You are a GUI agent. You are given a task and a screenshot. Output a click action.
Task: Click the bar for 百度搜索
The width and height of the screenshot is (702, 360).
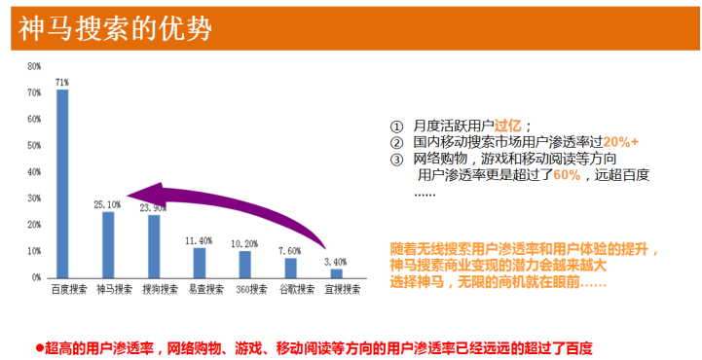[62, 184]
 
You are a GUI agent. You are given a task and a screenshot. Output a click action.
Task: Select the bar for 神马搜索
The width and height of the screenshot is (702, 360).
[108, 245]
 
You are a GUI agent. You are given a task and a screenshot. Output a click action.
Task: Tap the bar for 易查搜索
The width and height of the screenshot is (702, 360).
[200, 263]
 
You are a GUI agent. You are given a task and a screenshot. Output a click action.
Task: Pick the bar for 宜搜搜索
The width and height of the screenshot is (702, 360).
[336, 273]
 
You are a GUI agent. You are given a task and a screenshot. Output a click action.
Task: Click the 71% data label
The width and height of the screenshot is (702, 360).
[62, 83]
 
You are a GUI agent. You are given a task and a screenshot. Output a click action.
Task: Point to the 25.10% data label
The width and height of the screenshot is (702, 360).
[107, 205]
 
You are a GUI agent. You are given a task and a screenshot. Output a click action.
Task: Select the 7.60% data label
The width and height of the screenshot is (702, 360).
[289, 251]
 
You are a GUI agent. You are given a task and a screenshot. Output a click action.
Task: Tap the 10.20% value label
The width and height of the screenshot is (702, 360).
[244, 244]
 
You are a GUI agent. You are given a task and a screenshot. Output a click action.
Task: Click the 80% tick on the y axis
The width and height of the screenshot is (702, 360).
[34, 66]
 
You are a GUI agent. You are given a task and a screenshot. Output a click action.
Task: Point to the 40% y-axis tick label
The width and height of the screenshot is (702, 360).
[34, 172]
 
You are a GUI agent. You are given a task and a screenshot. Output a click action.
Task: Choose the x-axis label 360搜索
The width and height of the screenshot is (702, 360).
[251, 290]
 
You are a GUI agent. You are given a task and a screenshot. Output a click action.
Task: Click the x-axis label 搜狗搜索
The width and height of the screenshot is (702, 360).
[161, 289]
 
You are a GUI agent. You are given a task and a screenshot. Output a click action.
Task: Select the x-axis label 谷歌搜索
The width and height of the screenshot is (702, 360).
[297, 289]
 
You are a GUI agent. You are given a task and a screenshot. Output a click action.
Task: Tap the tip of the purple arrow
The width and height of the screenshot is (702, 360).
[128, 195]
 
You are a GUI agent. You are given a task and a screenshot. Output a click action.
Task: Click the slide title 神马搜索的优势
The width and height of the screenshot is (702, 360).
[115, 28]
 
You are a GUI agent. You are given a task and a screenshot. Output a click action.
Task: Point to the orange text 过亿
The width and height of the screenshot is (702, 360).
[507, 126]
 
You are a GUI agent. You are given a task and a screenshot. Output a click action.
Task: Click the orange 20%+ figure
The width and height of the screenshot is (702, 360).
[620, 142]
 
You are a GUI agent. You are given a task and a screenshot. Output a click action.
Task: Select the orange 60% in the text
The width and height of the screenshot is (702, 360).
[567, 175]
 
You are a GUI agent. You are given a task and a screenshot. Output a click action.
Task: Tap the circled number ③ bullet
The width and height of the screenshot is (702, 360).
[396, 160]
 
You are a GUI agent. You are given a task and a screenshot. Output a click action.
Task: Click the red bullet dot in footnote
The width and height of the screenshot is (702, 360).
[39, 347]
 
